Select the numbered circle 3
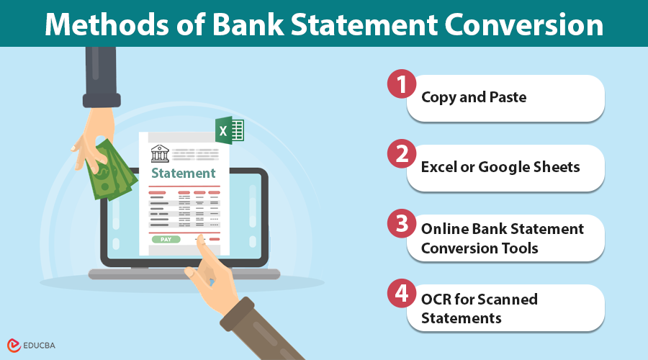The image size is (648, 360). coord(400,224)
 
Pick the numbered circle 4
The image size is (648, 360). coord(400,294)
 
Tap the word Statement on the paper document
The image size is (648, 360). coord(184,173)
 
